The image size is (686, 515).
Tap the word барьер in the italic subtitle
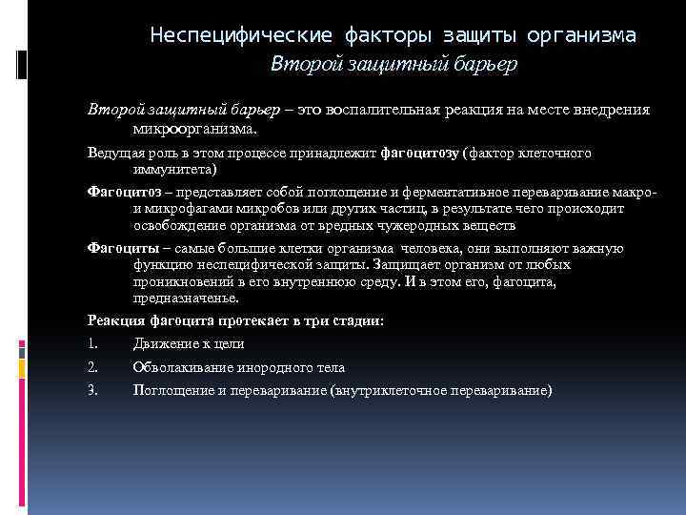coord(484,65)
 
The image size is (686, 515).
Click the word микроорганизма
coord(195,128)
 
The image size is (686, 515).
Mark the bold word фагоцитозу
coord(420,153)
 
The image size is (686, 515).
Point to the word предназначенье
coord(186,299)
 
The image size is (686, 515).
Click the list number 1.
coord(91,344)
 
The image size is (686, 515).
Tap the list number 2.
coord(92,367)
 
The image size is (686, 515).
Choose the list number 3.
coord(92,390)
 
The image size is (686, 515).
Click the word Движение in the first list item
coord(163,344)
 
